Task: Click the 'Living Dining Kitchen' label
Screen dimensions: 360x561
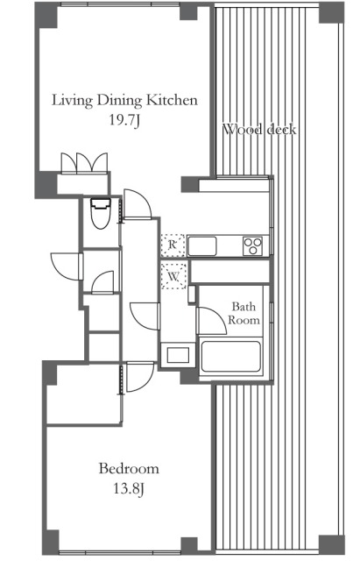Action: [124, 100]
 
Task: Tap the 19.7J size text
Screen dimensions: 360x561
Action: [124, 120]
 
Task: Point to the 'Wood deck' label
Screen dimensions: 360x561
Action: [259, 129]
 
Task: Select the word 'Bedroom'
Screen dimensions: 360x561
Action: [129, 468]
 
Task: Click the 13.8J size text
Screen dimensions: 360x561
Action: [129, 488]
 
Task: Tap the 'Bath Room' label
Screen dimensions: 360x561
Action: [244, 313]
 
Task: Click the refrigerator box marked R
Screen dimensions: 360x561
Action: [173, 245]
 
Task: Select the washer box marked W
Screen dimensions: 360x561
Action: [173, 276]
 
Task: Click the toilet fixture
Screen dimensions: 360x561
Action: [101, 213]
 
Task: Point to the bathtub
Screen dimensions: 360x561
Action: [231, 357]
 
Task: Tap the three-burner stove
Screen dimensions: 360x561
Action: [253, 246]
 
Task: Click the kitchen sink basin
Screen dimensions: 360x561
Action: [202, 246]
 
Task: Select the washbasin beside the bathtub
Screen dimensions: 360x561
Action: [178, 355]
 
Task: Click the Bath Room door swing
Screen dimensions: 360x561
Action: [211, 321]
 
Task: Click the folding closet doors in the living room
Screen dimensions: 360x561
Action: [84, 164]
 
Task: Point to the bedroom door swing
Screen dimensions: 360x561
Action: [140, 377]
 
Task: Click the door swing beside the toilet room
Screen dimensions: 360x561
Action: [138, 203]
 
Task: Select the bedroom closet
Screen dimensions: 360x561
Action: [84, 394]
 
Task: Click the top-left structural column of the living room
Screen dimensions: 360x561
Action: [46, 15]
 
